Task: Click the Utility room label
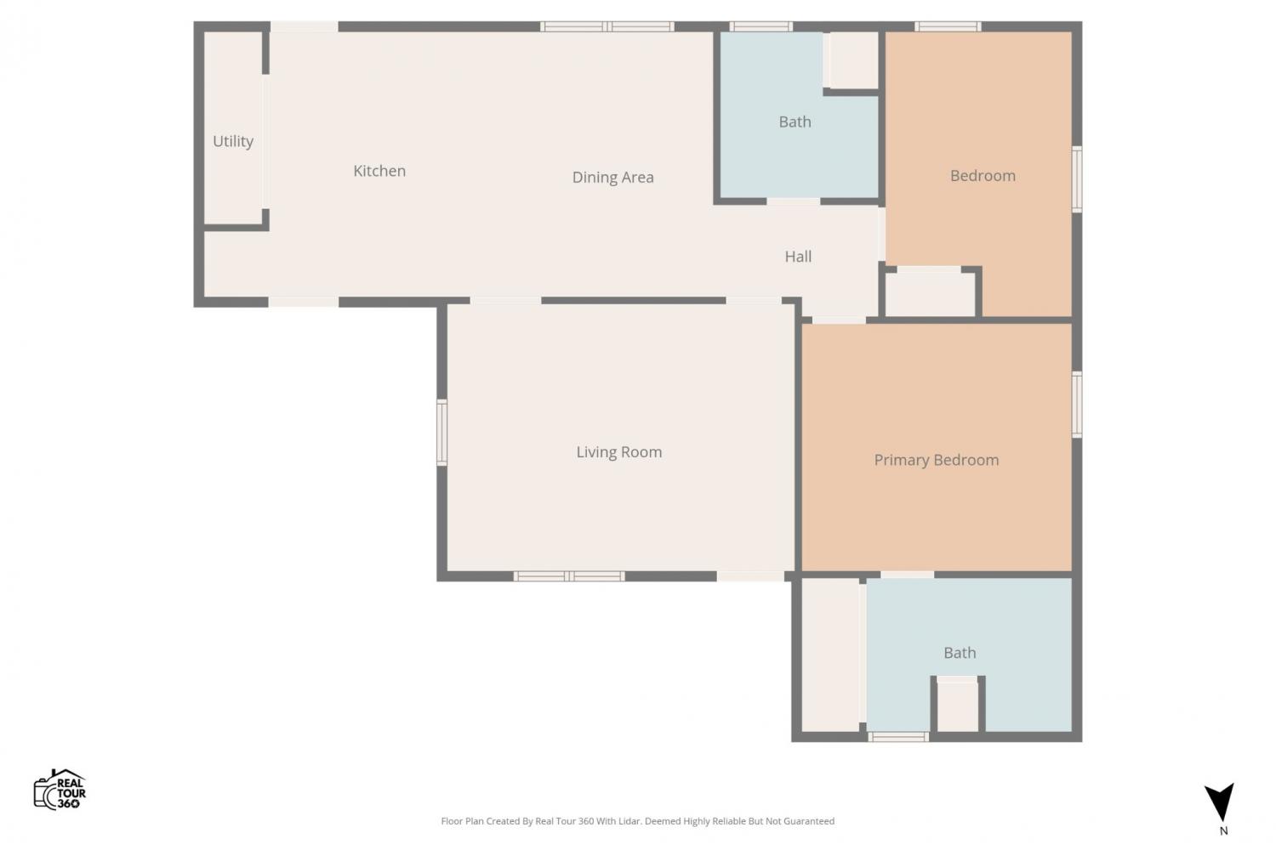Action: click(x=233, y=141)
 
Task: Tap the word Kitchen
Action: click(x=379, y=171)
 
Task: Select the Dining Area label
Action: click(x=613, y=178)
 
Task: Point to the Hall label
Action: click(x=798, y=257)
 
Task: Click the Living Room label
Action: click(x=619, y=452)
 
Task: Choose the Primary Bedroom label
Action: click(x=937, y=460)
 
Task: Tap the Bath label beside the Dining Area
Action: click(x=795, y=122)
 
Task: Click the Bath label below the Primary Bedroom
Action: click(x=960, y=653)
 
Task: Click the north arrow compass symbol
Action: click(x=1220, y=802)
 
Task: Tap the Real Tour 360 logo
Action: click(x=60, y=789)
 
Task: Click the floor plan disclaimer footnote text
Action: click(x=637, y=821)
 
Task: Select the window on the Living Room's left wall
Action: click(x=442, y=433)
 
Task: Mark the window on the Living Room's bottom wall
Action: click(x=569, y=576)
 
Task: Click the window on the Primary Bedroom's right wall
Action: click(x=1077, y=405)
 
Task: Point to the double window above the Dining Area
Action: click(x=607, y=26)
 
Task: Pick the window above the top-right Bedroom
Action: click(x=948, y=26)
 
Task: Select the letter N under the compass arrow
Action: click(x=1223, y=831)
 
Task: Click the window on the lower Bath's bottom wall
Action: click(x=898, y=737)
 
